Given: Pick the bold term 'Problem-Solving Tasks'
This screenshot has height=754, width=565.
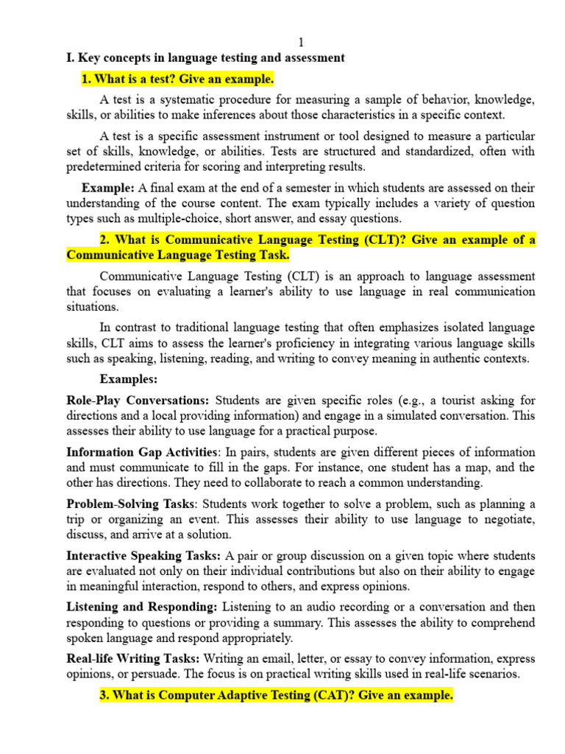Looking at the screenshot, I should (x=131, y=504).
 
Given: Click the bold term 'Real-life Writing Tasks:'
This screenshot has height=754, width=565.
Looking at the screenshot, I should (x=132, y=658).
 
